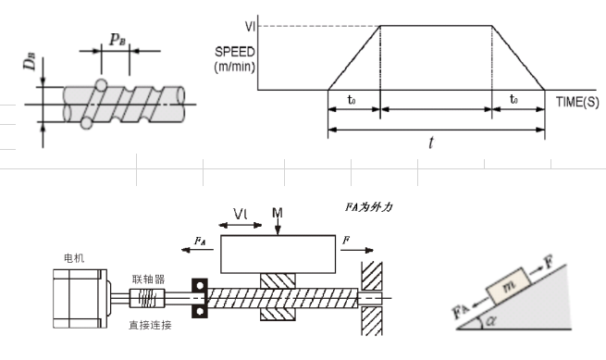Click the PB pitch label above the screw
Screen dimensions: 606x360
(x=117, y=39)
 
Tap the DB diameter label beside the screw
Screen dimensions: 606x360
(x=30, y=61)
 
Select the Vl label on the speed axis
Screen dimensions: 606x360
(x=250, y=26)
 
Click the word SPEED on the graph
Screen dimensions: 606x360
(x=235, y=52)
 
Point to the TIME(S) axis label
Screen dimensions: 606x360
(x=577, y=102)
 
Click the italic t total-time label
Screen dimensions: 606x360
(x=431, y=143)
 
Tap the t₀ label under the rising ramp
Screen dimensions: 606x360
(x=352, y=100)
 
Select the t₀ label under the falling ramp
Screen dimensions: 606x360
(x=513, y=99)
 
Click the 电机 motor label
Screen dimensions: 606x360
(x=74, y=258)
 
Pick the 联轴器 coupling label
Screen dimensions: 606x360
(x=148, y=279)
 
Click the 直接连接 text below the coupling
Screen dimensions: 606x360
(x=150, y=325)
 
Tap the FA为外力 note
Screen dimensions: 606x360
(x=369, y=207)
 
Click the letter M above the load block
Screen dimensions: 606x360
(x=278, y=213)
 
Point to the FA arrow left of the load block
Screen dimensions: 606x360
(x=197, y=250)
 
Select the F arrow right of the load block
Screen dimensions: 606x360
(x=357, y=250)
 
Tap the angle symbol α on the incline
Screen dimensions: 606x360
(x=491, y=320)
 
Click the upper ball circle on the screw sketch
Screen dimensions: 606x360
(x=101, y=85)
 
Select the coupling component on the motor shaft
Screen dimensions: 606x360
(x=147, y=298)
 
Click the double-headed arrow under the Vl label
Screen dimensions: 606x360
(x=240, y=225)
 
